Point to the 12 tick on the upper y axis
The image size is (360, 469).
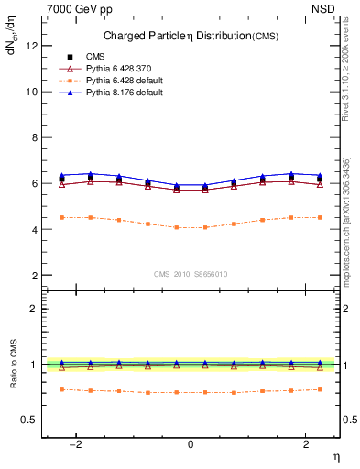32,46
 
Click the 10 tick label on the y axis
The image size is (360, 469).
32,92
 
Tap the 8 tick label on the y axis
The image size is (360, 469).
35,137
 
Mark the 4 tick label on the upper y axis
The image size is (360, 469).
35,229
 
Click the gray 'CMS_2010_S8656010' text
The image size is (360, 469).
191,274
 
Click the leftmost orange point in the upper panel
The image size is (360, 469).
62,217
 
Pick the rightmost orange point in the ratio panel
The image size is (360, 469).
319,389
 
